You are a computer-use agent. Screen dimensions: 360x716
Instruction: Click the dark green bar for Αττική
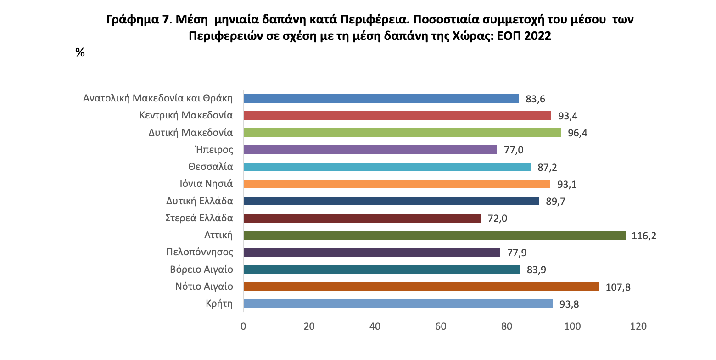[x=434, y=235]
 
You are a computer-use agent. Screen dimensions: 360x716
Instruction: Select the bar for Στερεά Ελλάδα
[x=362, y=218]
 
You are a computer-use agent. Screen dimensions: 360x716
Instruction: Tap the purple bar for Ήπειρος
[x=370, y=150]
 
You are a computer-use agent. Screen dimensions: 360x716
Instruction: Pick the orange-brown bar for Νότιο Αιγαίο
[x=420, y=287]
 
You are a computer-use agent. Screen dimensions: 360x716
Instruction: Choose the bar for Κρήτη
[x=397, y=304]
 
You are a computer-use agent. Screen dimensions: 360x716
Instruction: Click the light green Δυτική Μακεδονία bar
[x=402, y=133]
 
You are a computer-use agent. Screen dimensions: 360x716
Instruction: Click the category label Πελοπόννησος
[x=200, y=252]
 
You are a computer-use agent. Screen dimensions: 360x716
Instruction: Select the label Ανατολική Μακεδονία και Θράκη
[x=158, y=98]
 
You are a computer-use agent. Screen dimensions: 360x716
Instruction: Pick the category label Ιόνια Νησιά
[x=207, y=184]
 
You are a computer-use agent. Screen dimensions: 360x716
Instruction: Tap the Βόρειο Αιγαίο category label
[x=201, y=270]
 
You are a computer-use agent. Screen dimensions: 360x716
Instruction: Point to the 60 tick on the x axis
[x=441, y=326]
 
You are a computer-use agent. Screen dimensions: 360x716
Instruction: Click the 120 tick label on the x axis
[x=638, y=326]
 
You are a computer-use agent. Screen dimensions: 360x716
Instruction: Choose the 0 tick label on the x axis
[x=243, y=326]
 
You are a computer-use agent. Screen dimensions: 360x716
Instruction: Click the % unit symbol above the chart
[x=80, y=53]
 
